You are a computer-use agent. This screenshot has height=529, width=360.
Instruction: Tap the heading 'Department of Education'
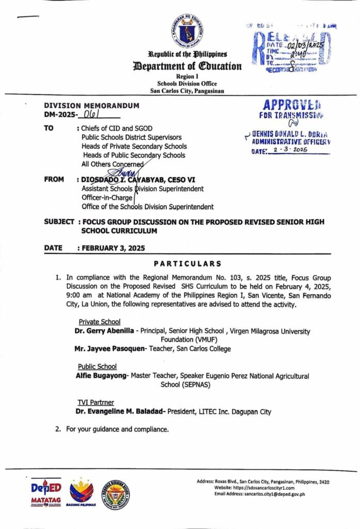(x=187, y=66)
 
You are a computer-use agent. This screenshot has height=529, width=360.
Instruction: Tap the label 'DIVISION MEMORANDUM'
(x=91, y=105)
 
